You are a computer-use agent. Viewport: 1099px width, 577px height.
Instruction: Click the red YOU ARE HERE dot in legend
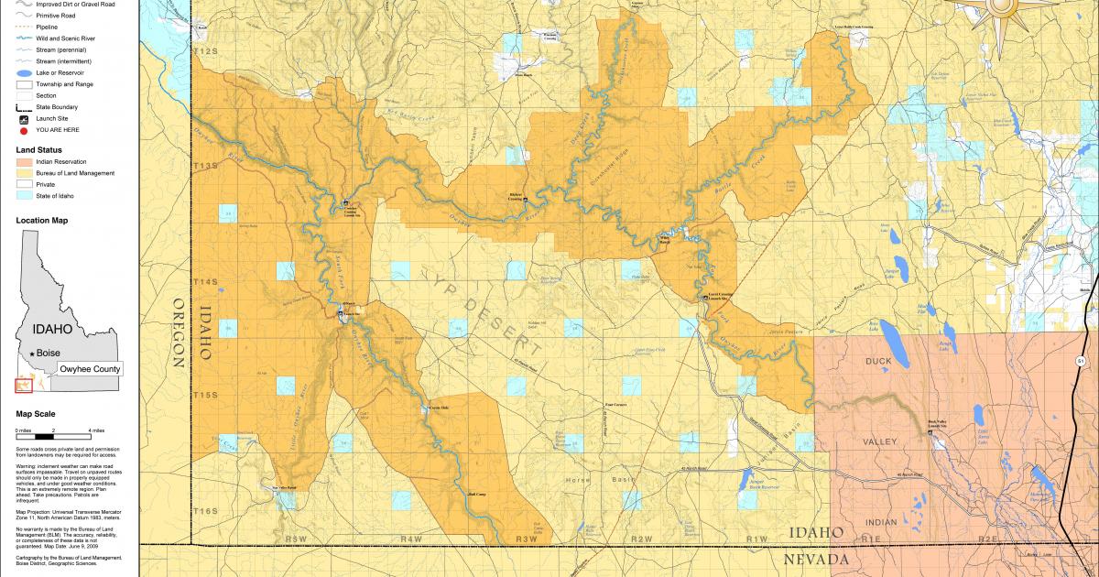[x=25, y=130]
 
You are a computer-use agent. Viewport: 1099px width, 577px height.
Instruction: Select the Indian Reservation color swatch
[x=25, y=161]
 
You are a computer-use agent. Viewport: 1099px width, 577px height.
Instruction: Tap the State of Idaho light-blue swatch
[x=25, y=196]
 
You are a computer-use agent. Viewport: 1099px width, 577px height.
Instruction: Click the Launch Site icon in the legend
[x=25, y=119]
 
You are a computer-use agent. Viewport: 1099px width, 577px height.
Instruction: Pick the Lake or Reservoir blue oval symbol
[x=25, y=72]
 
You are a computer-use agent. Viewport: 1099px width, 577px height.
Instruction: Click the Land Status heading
[x=39, y=149]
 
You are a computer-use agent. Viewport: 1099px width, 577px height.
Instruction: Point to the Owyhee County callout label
[x=90, y=368]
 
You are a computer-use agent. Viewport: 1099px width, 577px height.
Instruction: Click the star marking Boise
[x=33, y=354]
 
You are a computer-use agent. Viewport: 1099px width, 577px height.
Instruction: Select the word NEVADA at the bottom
[x=813, y=558]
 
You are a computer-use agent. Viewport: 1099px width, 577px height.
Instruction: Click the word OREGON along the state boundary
[x=179, y=333]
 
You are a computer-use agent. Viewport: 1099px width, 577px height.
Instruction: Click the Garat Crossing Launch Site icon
[x=705, y=298]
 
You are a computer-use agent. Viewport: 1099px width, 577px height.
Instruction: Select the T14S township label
[x=204, y=282]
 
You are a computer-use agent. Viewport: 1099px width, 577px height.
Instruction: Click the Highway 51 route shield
[x=1081, y=362]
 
